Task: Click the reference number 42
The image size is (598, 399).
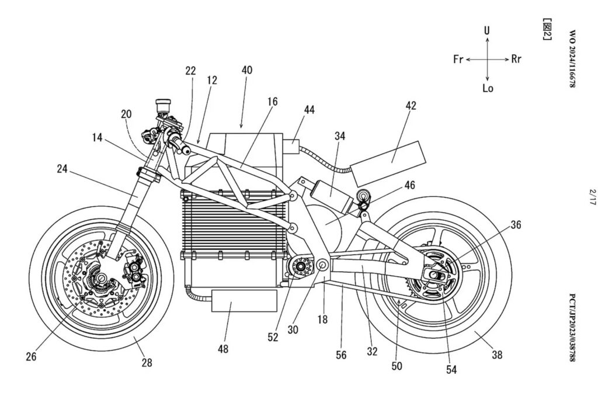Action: tap(411, 106)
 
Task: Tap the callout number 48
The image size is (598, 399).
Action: tap(223, 349)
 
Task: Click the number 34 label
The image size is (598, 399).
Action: tap(340, 136)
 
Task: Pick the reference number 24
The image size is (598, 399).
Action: tap(62, 169)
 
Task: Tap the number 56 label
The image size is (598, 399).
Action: tap(342, 355)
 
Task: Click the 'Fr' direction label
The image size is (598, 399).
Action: tap(458, 59)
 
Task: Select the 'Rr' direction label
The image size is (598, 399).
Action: tap(516, 59)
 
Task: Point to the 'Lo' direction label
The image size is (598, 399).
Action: tap(488, 88)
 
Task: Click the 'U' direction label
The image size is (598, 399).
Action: tap(487, 30)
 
